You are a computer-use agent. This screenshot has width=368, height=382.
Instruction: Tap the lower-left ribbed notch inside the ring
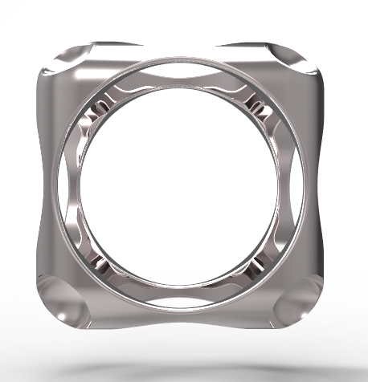pos(100,261)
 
